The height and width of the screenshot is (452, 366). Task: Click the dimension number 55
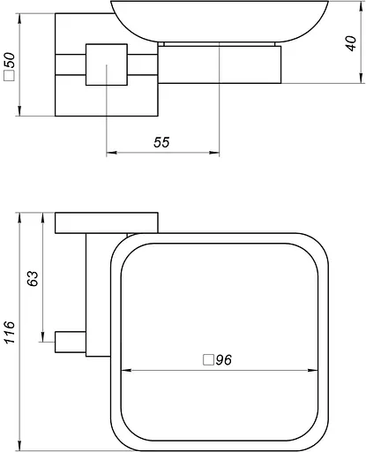[161, 142]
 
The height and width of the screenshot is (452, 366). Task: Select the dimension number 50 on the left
[10, 60]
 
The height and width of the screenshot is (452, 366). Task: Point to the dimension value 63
[33, 278]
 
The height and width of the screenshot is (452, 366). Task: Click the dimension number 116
[9, 332]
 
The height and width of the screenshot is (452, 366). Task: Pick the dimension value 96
[224, 359]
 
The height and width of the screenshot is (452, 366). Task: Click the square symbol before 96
[208, 360]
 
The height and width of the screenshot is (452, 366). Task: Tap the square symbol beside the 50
[10, 75]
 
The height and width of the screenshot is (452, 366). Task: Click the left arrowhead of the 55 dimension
[111, 153]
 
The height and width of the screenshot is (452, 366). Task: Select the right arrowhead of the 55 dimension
[214, 153]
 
